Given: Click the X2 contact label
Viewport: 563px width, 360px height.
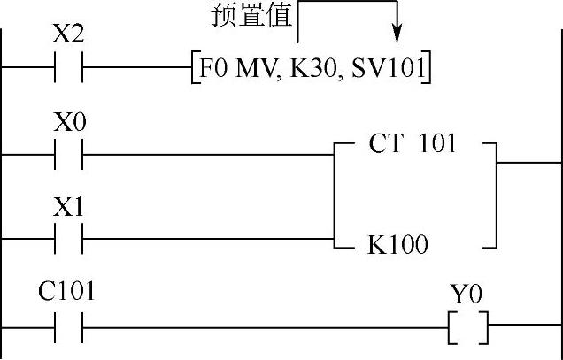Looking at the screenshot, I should [x=68, y=36].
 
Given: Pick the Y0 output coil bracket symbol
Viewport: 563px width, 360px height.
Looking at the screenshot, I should [x=468, y=328].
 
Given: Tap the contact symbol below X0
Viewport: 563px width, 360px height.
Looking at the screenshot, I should [x=68, y=154].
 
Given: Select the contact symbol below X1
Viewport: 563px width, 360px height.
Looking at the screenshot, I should [x=68, y=239].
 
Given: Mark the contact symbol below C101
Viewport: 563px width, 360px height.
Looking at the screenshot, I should [x=68, y=328].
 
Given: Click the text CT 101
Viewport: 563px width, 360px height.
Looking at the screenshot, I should [x=412, y=143].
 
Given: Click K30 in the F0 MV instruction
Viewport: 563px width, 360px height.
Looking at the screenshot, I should [x=305, y=69].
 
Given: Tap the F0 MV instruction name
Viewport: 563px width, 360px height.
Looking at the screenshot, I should [x=233, y=69].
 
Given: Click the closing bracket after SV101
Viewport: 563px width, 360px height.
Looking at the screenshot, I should [x=427, y=69].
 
